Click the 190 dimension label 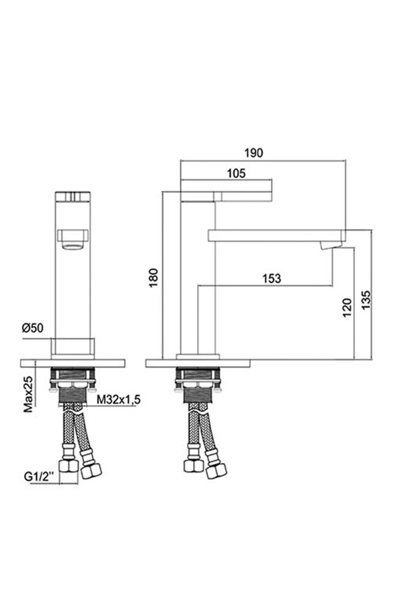coord(254,153)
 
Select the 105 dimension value coord(236,173)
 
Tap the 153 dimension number coord(272,279)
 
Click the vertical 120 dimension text coord(347,307)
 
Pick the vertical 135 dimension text coord(366,300)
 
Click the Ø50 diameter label coord(33,328)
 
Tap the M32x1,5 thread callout coord(118,400)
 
